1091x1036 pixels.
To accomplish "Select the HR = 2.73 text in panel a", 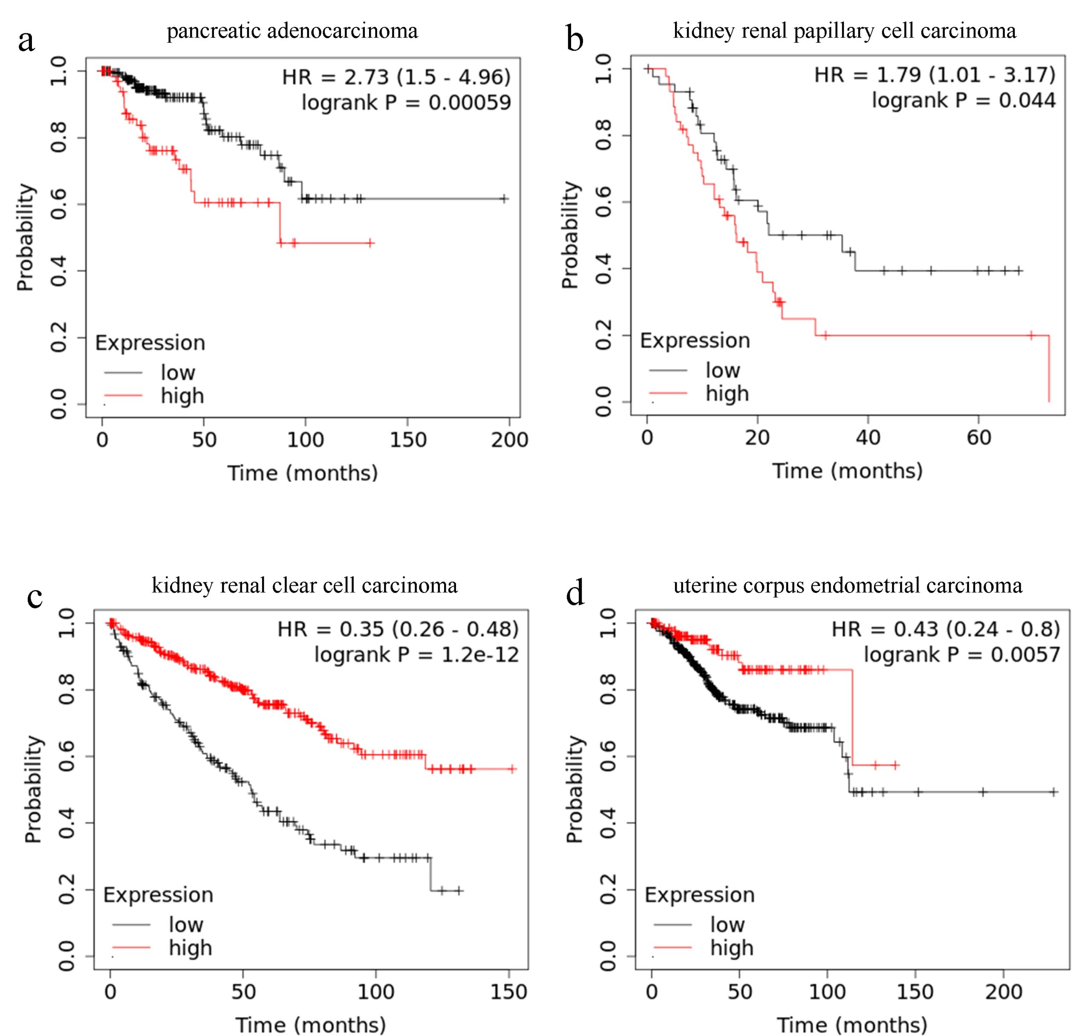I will tap(396, 77).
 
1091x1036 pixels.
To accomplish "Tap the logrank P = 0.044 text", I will tap(964, 101).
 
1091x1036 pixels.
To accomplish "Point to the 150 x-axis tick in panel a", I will tap(408, 440).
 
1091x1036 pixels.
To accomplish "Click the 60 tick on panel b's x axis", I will tap(979, 438).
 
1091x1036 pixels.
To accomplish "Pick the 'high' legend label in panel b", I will tap(727, 394).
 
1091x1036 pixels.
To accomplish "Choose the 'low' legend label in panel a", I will tap(178, 373).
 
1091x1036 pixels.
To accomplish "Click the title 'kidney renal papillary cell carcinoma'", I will tap(844, 31).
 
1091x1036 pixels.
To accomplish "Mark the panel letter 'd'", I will tap(575, 594).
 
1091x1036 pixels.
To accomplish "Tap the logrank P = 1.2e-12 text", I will tap(417, 655).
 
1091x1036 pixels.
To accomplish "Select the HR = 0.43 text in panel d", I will tap(946, 630).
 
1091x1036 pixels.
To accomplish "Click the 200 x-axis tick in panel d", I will tap(1003, 993).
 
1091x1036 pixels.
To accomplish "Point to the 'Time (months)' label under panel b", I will tap(847, 471).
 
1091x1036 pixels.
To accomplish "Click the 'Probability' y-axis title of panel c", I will tap(33, 789).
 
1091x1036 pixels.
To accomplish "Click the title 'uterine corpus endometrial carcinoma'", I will tap(848, 585).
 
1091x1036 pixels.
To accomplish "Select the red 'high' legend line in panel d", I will tap(672, 948).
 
